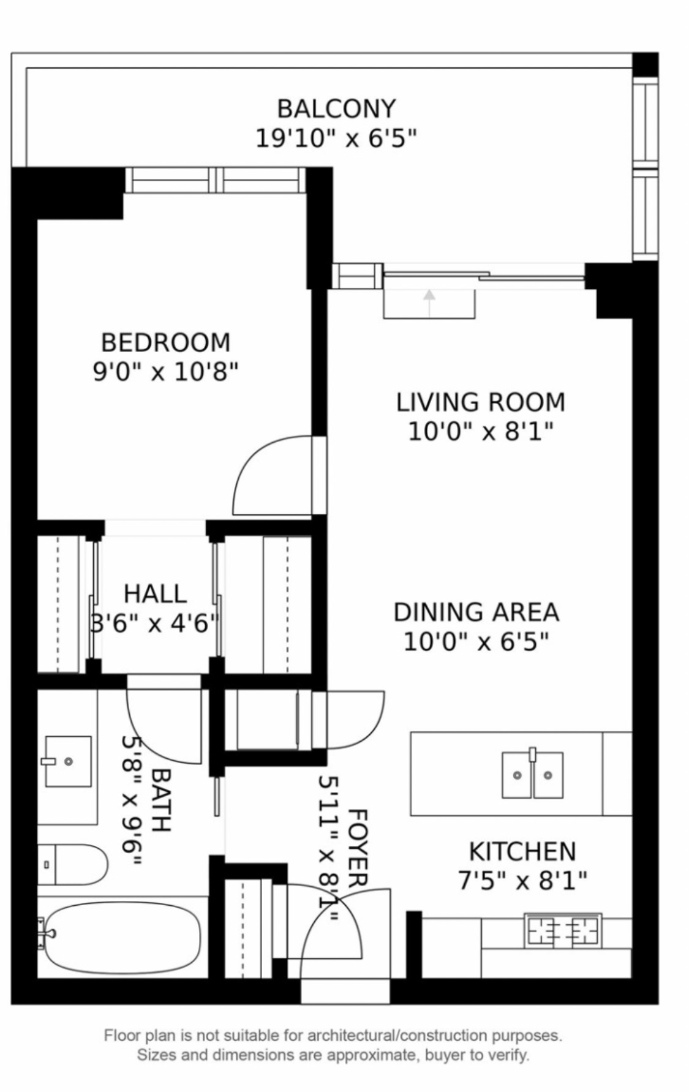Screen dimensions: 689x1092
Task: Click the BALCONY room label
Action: tap(336, 109)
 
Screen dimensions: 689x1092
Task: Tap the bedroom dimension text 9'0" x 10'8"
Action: tap(165, 371)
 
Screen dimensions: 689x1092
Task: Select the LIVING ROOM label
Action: tap(480, 402)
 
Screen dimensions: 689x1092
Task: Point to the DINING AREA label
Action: tap(476, 612)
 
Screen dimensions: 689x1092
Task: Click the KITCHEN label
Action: tap(522, 851)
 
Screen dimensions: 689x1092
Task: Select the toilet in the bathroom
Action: tap(72, 865)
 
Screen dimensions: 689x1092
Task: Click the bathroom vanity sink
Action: tap(68, 761)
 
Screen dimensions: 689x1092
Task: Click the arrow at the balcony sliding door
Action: tap(429, 303)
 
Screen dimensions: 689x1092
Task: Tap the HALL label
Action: tap(155, 593)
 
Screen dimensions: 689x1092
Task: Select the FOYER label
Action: tap(358, 848)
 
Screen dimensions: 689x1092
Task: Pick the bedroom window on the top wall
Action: tap(215, 180)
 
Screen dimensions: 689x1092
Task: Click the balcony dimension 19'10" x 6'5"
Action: tap(336, 138)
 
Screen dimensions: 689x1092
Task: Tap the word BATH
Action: tap(160, 799)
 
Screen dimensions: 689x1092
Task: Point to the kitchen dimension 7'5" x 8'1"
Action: tap(522, 881)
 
